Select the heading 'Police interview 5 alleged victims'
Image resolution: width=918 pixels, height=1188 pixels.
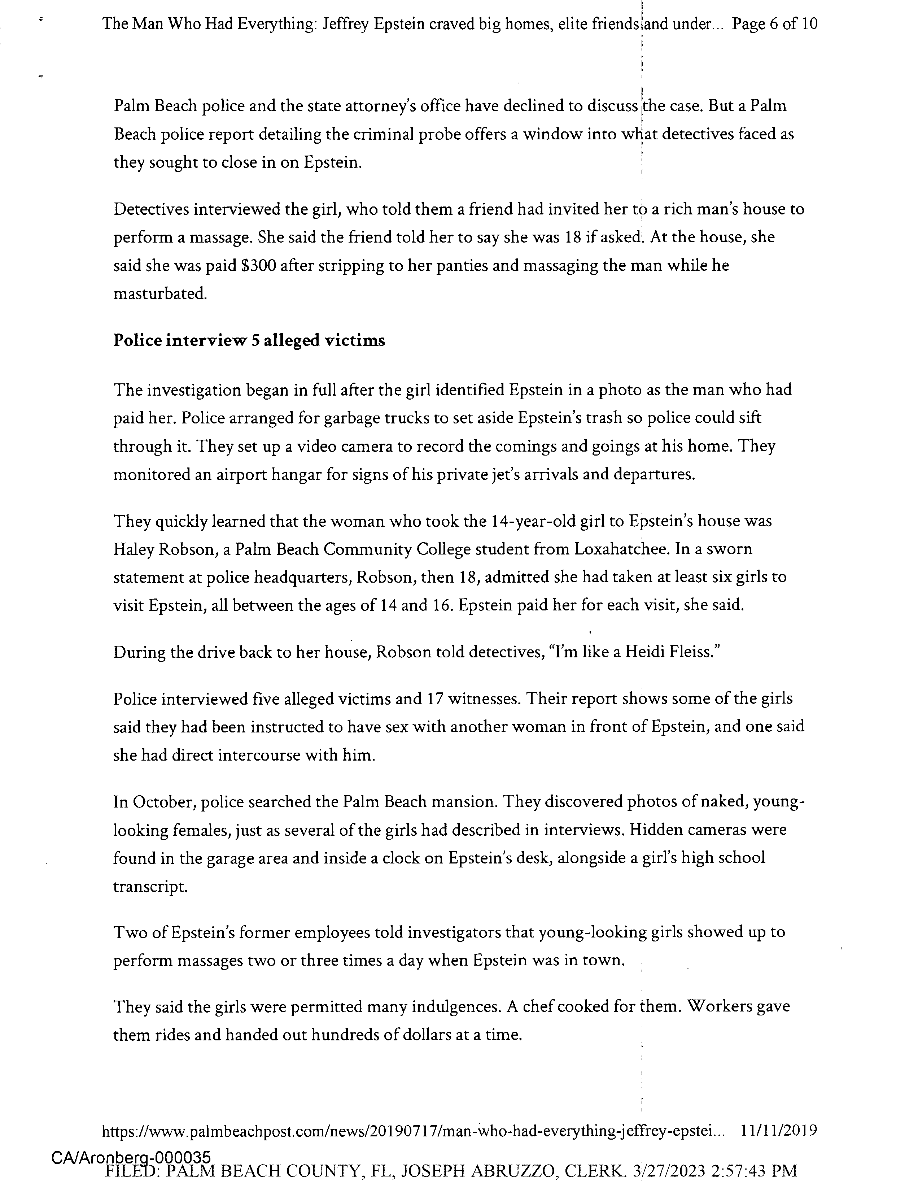pos(249,340)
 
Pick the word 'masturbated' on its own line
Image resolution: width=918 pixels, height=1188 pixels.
pos(160,294)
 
